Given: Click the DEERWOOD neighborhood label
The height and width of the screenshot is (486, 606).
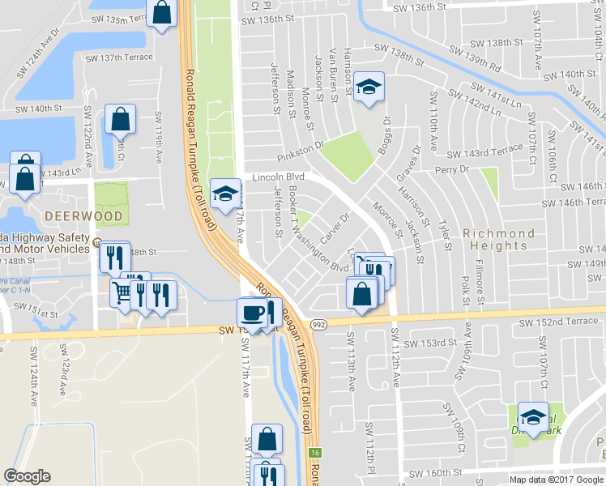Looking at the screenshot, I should (x=84, y=216).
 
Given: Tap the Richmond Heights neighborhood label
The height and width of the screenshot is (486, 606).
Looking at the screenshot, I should (x=499, y=240).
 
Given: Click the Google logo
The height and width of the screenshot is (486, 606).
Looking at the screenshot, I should (x=28, y=476).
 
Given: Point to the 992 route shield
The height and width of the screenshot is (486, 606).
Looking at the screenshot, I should (x=318, y=324).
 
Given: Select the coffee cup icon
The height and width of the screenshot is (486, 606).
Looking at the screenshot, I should (x=252, y=313).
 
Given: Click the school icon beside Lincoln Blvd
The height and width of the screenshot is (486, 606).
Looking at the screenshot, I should (x=224, y=194).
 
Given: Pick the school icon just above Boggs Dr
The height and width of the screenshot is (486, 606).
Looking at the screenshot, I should (x=369, y=87).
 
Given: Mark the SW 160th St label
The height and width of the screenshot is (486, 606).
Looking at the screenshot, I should (x=436, y=472).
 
